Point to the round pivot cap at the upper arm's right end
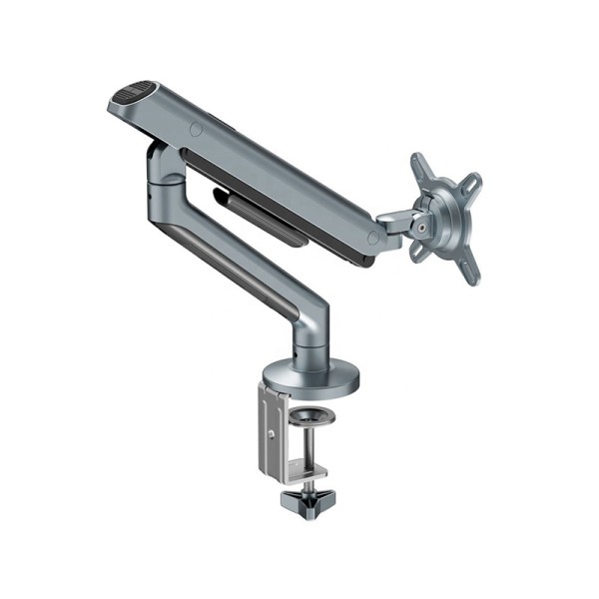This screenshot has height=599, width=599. pos(373,238)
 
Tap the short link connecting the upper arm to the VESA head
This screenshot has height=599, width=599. pos(397,225)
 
